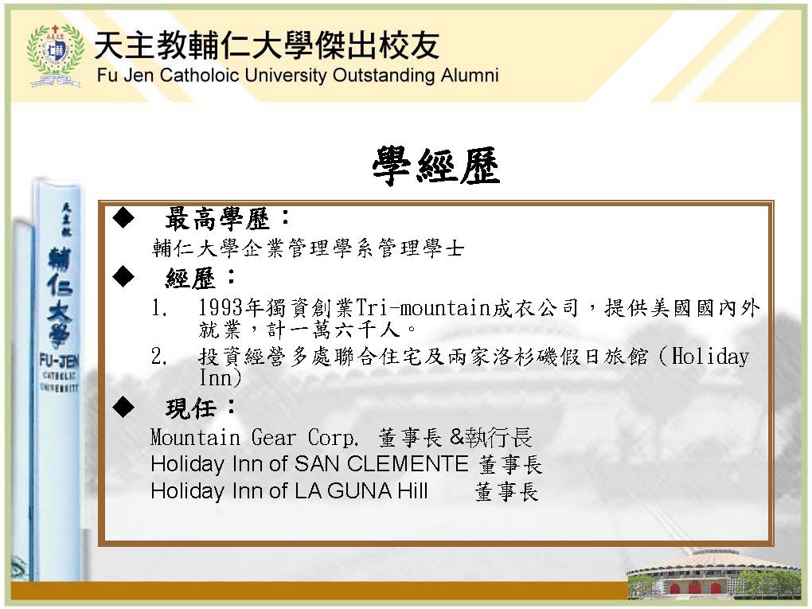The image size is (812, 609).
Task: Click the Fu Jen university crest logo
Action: point(55,56)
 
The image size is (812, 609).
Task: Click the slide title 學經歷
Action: point(436,166)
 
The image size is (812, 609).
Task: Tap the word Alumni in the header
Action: point(470,75)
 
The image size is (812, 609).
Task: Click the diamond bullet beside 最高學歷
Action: point(123,218)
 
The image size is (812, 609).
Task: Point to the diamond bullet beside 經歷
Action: point(123,276)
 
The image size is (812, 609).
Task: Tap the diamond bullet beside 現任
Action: point(123,407)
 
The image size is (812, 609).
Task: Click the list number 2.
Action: point(158,357)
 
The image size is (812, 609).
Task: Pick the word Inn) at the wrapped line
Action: point(220,377)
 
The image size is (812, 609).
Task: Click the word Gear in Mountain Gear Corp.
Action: point(273,438)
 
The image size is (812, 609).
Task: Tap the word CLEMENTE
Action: point(407,464)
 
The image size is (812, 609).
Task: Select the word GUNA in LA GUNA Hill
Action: point(360,491)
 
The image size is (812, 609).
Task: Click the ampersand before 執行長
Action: point(457,438)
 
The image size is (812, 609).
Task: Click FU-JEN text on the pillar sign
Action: point(59,361)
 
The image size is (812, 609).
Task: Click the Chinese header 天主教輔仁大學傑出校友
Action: point(267,45)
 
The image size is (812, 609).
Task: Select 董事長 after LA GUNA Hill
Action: point(506,492)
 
